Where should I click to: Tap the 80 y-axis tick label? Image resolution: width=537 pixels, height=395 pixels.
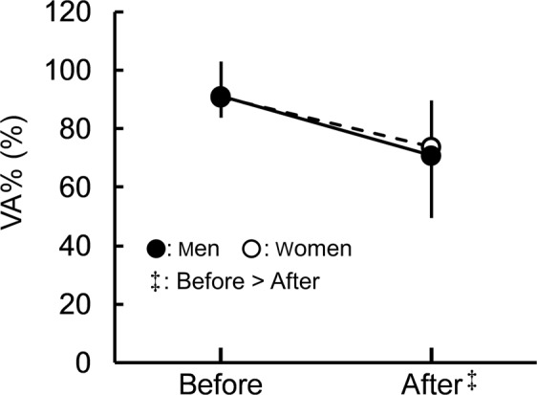point(83,130)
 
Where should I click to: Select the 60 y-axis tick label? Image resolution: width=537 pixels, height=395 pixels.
point(83,188)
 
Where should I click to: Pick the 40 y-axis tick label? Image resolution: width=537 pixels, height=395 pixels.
point(83,247)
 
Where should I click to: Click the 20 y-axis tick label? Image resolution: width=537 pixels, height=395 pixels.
point(83,305)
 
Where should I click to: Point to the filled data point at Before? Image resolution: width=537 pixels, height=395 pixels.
point(221,97)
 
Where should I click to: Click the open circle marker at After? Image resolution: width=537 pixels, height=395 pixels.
point(432,146)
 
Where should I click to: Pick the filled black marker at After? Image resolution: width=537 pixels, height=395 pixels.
point(431,156)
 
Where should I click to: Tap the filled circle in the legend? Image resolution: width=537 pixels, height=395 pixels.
point(158,250)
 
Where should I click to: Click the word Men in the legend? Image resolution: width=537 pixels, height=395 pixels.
point(200,250)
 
